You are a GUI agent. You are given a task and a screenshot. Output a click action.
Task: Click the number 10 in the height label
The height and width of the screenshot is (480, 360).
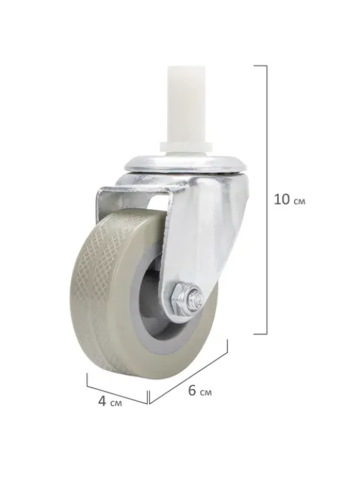[x=282, y=199]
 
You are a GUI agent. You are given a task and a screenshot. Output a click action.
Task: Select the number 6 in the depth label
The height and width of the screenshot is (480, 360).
[x=192, y=390]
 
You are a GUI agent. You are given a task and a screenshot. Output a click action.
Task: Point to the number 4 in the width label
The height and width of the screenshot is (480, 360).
[x=103, y=400]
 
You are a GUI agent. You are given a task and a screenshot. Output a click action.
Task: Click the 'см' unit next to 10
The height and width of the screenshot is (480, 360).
[x=300, y=202]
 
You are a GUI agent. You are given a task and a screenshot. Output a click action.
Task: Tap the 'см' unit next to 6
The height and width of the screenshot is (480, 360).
[x=206, y=392]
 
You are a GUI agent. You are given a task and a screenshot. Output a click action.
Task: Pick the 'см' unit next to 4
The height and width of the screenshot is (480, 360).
[x=116, y=403]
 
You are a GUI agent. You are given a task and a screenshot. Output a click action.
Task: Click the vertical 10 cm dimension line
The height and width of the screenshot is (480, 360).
[x=267, y=199]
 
